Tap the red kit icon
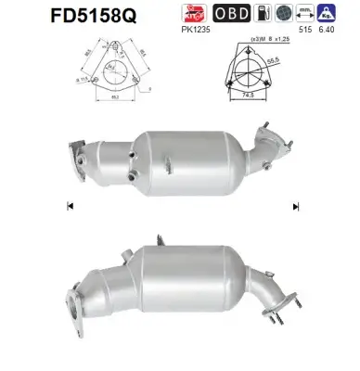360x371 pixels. [192, 13]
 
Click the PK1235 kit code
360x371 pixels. [193, 30]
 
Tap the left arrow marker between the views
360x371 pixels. [71, 206]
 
